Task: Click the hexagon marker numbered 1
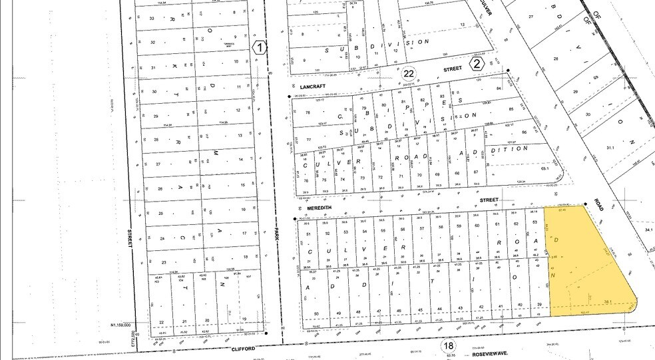coord(259,47)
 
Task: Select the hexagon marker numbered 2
coord(476,64)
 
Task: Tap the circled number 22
coord(409,73)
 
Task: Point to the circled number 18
coord(448,345)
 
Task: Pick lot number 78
coord(307,112)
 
